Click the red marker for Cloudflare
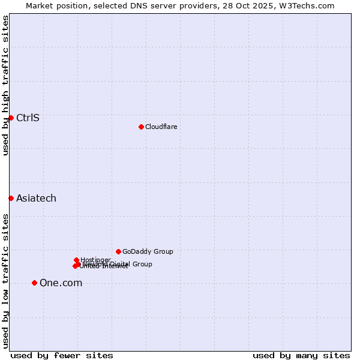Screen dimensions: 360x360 pos(141,127)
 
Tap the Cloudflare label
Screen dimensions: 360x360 pos(161,127)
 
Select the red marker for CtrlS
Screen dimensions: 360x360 pos(11,118)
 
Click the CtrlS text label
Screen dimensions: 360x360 pos(28,118)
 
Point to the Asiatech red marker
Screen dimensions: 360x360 pos(11,198)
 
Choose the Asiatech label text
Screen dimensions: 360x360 pos(36,198)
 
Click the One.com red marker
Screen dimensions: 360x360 pos(34,283)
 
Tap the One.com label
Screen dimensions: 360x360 pos(61,283)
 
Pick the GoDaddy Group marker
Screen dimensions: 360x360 pos(118,251)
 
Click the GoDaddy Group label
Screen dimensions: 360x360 pos(148,251)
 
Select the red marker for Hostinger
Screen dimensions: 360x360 pos(77,260)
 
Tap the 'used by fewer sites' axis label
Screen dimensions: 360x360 pos(62,355)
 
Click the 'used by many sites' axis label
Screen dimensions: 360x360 pos(301,355)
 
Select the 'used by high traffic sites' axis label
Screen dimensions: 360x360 pos(5,85)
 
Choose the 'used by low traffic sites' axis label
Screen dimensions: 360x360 pos(5,281)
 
